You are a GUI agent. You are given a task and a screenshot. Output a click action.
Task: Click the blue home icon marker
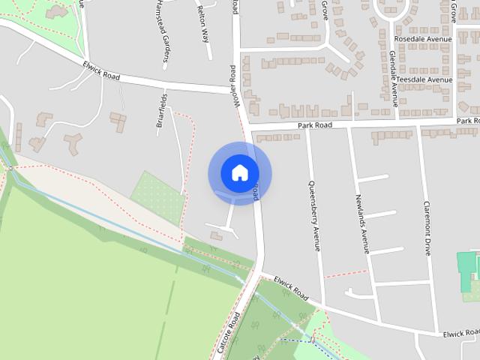click(x=239, y=172)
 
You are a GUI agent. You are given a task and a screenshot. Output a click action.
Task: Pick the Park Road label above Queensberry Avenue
click(x=314, y=126)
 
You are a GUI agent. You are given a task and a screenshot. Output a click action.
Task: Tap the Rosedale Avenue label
click(x=423, y=39)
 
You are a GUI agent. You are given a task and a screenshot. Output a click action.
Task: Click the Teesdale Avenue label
click(x=424, y=79)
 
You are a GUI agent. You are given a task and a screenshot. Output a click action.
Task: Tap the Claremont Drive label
click(x=427, y=228)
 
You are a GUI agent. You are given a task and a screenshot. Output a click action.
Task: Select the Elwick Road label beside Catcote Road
click(x=291, y=287)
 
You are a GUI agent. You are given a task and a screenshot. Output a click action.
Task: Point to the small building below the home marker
click(x=216, y=237)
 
